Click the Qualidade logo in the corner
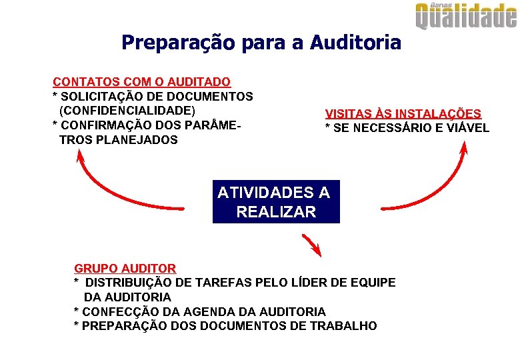[466, 16]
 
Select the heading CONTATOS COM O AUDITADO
[142, 82]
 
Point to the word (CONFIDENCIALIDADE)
[127, 111]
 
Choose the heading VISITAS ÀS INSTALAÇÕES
[403, 114]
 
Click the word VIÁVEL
[467, 128]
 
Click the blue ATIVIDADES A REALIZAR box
[275, 202]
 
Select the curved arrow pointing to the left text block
[113, 193]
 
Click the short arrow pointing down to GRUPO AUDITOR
[312, 245]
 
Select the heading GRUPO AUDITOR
[125, 269]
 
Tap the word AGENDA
[201, 311]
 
